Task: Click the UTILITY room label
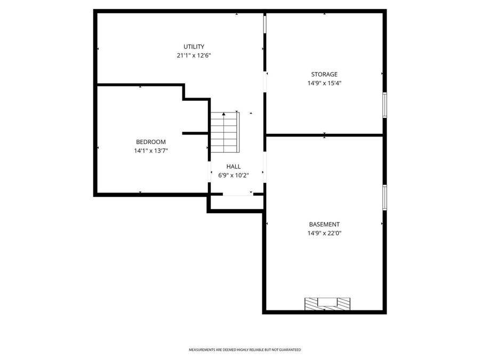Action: click(194, 46)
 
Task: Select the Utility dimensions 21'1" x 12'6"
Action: click(194, 55)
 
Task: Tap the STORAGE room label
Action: click(324, 74)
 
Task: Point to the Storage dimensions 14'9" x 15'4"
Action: click(324, 83)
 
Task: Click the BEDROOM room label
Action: click(150, 142)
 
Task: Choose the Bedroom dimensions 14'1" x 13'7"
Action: click(150, 151)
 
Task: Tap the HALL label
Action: click(233, 166)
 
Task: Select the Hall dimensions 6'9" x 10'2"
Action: click(233, 175)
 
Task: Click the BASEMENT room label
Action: click(324, 225)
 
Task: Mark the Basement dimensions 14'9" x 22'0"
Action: click(324, 233)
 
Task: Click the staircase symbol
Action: click(224, 132)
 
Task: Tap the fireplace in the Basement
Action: click(327, 303)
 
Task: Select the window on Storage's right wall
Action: click(385, 105)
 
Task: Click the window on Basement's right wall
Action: click(385, 197)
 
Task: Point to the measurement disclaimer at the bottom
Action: click(245, 350)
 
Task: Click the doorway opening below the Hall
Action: click(237, 195)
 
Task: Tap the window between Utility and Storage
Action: click(265, 25)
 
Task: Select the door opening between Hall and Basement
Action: click(265, 169)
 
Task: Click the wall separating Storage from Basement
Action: click(324, 135)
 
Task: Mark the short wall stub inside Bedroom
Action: click(195, 133)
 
